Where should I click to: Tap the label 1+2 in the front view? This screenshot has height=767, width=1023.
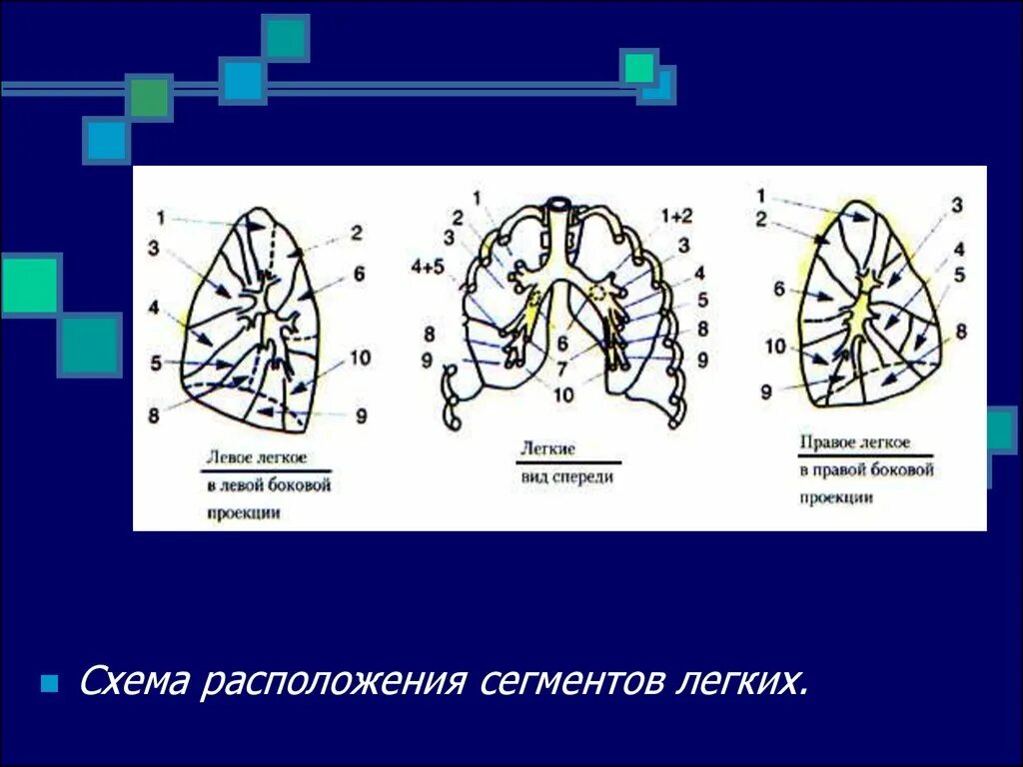tap(675, 216)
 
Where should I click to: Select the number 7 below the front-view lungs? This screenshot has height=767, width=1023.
tap(562, 370)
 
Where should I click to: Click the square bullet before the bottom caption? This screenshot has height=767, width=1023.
tap(48, 685)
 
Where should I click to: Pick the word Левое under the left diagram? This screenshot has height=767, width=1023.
tap(228, 458)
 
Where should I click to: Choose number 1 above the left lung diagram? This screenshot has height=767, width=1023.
tap(162, 215)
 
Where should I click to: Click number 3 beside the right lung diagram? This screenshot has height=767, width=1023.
tap(956, 206)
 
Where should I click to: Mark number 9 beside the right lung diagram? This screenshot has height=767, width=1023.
tap(766, 392)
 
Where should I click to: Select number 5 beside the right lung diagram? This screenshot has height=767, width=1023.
tap(958, 276)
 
